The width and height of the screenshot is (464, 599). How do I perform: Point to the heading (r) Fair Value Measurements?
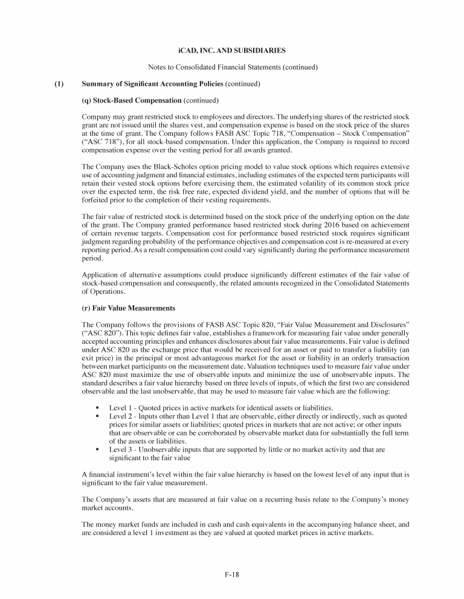127,308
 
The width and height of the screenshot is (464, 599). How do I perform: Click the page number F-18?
231,575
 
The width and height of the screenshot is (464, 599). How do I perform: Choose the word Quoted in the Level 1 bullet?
150,408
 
